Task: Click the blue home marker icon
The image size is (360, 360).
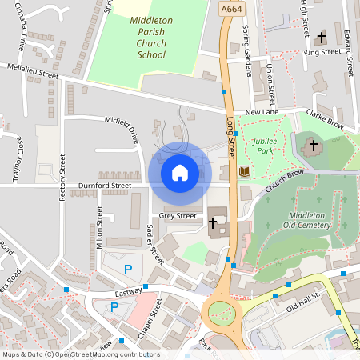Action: (x=179, y=172)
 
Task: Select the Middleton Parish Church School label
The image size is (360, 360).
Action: (x=150, y=38)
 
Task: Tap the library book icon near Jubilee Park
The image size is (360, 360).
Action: (x=244, y=171)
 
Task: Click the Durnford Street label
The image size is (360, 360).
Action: (x=105, y=186)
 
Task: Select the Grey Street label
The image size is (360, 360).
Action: (x=178, y=215)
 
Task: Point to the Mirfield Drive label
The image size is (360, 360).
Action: (x=122, y=128)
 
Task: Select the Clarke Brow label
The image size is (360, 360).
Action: (x=324, y=120)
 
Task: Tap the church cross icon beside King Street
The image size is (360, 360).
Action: (x=322, y=37)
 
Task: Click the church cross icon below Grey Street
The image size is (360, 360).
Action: (x=213, y=222)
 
